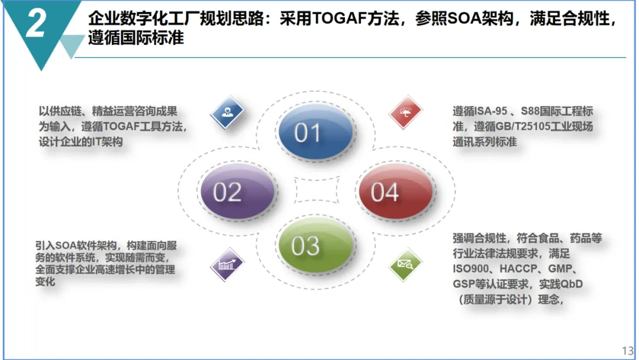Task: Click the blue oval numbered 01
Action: pos(315,131)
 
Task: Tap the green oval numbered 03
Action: pos(315,245)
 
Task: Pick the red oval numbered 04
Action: pos(396,191)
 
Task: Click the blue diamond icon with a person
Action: pos(227,112)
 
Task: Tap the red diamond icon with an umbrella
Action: pos(405,112)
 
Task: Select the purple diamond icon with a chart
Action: pos(227,264)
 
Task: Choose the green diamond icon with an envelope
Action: pos(405,264)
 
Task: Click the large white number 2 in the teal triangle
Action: pos(35,24)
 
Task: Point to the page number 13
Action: pos(628,351)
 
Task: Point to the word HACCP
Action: pos(518,269)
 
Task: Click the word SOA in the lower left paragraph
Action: pos(65,246)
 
